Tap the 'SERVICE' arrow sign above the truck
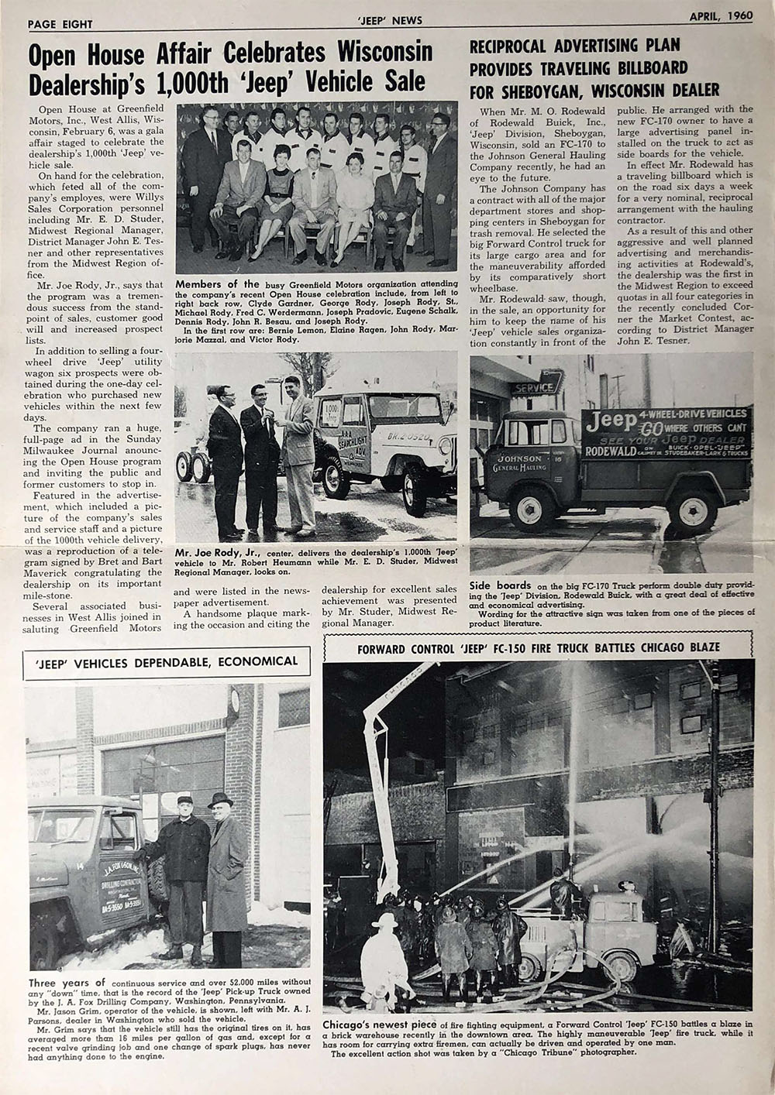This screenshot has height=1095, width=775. coord(534,387)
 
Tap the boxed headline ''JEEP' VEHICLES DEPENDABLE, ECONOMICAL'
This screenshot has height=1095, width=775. coord(167,662)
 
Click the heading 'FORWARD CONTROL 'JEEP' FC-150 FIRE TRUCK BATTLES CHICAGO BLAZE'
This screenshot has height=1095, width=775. coord(538,647)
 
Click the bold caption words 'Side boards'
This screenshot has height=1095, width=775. coord(500,585)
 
